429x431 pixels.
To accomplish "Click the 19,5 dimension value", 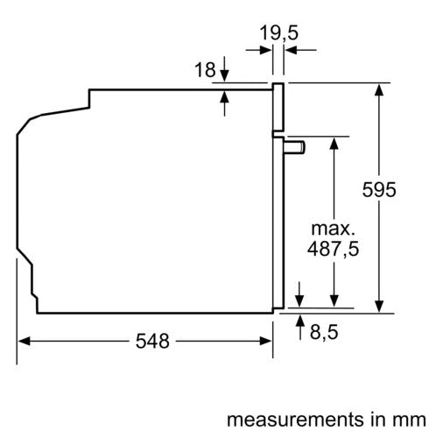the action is click(278, 32).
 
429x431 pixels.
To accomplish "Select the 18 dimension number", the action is click(205, 70).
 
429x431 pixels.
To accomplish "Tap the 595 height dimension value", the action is click(379, 190).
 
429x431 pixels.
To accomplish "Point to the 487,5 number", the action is click(333, 249).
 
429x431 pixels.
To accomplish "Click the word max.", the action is click(333, 229).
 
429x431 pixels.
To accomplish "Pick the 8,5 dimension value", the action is click(324, 332).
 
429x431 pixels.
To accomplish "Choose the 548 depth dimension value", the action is click(152, 341).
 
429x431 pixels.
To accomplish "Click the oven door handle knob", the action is click(295, 147).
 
